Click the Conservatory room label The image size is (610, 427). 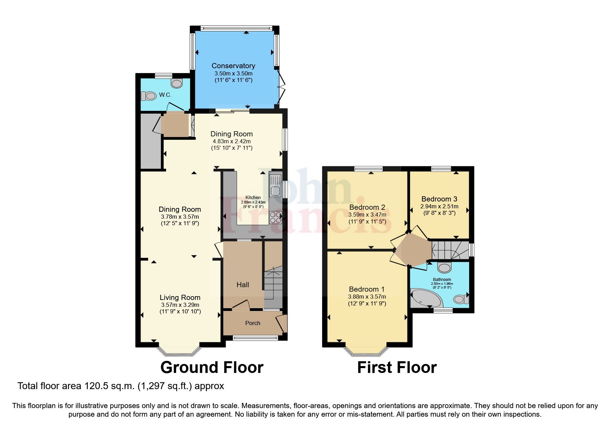tap(233, 65)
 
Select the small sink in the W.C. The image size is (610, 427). tap(177, 83)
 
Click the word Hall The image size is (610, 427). tap(242, 284)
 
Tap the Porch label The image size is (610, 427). tap(252, 323)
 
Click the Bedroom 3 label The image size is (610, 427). tap(439, 199)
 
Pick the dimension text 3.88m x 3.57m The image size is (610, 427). tap(367, 296)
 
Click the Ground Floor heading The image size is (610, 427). tap(212, 367)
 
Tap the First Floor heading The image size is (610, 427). tap(397, 367)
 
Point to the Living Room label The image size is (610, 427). tap(180, 297)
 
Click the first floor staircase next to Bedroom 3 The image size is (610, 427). tap(449, 250)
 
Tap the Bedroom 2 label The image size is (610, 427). tap(367, 207)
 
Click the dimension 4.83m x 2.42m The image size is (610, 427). tap(231, 141)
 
